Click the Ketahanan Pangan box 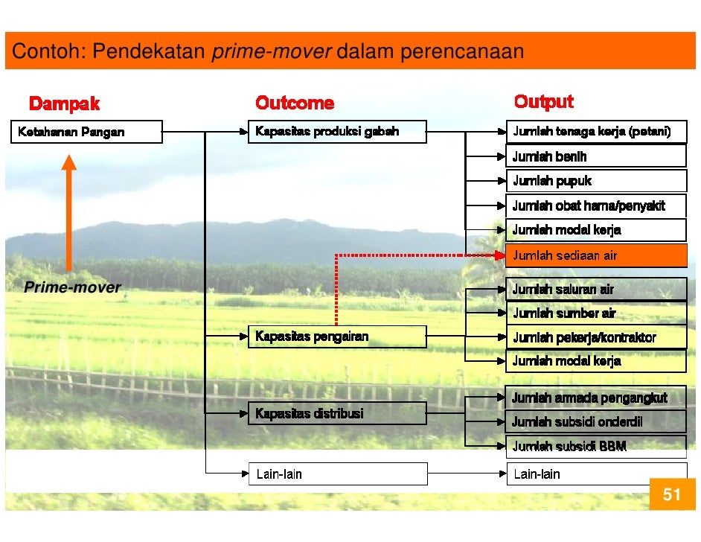pyautogui.click(x=86, y=132)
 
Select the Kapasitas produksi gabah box pyautogui.click(x=337, y=132)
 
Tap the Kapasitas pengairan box pyautogui.click(x=337, y=337)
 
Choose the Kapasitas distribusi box pyautogui.click(x=337, y=413)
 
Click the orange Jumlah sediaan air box pyautogui.click(x=596, y=256)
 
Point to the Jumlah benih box pyautogui.click(x=596, y=156)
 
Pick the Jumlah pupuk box pyautogui.click(x=596, y=181)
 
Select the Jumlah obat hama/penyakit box pyautogui.click(x=596, y=205)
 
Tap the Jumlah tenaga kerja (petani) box pyautogui.click(x=596, y=132)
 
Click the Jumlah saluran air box pyautogui.click(x=596, y=290)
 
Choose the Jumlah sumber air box pyautogui.click(x=596, y=313)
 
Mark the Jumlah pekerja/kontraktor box pyautogui.click(x=596, y=338)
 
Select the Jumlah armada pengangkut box pyautogui.click(x=596, y=398)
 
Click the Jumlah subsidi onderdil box pyautogui.click(x=596, y=422)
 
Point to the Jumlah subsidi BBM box pyautogui.click(x=596, y=446)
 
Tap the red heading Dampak pyautogui.click(x=64, y=103)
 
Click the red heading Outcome pyautogui.click(x=295, y=103)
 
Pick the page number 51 pyautogui.click(x=673, y=495)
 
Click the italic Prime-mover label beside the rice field pyautogui.click(x=72, y=287)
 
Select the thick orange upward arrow pyautogui.click(x=68, y=212)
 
